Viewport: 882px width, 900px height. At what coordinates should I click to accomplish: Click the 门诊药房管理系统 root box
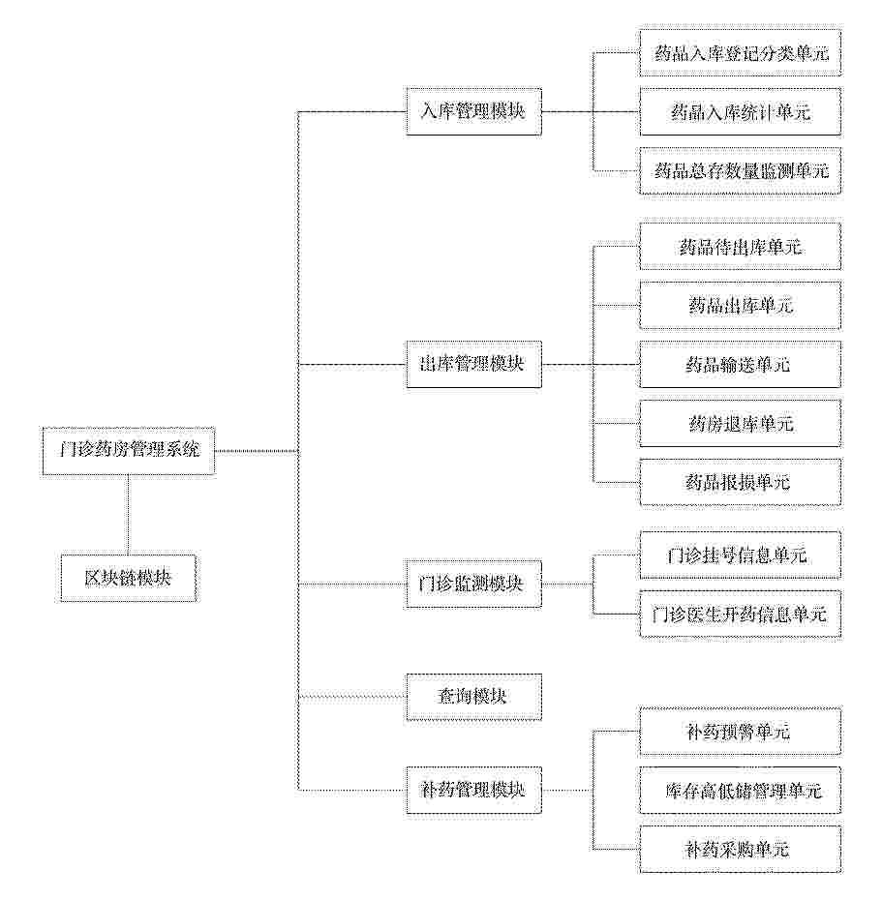point(129,451)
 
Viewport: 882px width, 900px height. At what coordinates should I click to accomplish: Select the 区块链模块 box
point(129,578)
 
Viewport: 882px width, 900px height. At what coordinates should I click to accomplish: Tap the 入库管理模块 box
point(473,111)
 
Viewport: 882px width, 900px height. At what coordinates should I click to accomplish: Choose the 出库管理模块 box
point(473,364)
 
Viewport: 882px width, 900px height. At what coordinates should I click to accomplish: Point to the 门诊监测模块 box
point(473,584)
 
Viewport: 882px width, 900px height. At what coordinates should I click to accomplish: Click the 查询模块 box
point(473,697)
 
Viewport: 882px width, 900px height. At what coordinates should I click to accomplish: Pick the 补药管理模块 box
point(473,790)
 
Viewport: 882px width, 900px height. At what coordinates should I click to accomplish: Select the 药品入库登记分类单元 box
point(741,53)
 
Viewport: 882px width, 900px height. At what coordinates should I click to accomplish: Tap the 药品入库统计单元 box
point(741,112)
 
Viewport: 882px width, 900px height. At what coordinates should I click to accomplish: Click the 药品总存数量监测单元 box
point(741,170)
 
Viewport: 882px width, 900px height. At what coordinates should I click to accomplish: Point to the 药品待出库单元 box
point(741,247)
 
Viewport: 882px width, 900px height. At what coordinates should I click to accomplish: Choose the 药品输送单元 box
point(741,365)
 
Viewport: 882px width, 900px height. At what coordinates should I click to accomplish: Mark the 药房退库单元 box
point(741,424)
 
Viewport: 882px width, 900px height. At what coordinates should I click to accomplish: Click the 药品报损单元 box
point(741,482)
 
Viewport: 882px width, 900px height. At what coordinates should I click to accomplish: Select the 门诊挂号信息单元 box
point(741,555)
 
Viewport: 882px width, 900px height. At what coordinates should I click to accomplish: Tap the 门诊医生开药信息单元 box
point(741,615)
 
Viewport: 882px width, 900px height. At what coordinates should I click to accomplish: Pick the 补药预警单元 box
point(741,732)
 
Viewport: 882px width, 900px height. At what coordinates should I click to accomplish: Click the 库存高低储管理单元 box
point(741,791)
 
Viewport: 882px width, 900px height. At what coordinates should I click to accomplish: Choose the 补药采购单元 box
point(741,850)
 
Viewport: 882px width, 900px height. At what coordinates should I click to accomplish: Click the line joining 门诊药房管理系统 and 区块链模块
point(128,514)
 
